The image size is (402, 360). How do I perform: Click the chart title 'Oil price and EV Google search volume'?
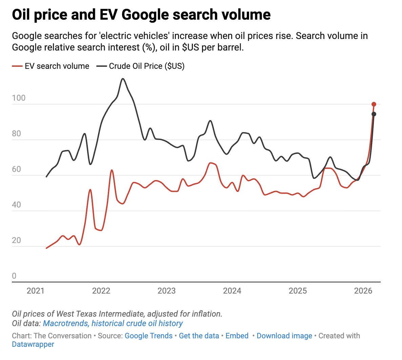tap(141, 15)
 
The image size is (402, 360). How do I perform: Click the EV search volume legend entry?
tap(51, 66)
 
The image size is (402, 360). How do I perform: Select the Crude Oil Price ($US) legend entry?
tap(141, 66)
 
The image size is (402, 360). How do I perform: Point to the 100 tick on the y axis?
tap(19, 98)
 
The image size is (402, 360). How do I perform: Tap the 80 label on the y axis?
tap(16, 134)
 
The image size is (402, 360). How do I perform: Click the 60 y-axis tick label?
tap(16, 169)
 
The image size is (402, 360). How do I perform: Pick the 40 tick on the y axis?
tap(16, 205)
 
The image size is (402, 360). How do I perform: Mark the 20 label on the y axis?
tap(16, 240)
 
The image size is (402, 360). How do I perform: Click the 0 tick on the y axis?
tap(14, 276)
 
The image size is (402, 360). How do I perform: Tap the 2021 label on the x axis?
tap(36, 291)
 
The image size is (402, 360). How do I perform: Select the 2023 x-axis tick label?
tap(166, 291)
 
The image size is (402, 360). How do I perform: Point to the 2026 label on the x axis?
tap(363, 291)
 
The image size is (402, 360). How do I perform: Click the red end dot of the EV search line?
tap(374, 104)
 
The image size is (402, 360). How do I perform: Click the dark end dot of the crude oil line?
tap(374, 114)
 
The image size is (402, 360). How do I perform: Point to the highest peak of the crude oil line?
tap(123, 79)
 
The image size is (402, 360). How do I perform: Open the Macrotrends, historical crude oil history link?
tap(113, 323)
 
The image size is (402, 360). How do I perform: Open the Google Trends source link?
tap(148, 336)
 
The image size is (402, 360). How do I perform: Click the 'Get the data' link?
tap(199, 336)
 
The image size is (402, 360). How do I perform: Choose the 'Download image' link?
tap(284, 336)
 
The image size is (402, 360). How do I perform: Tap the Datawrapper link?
tap(33, 344)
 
